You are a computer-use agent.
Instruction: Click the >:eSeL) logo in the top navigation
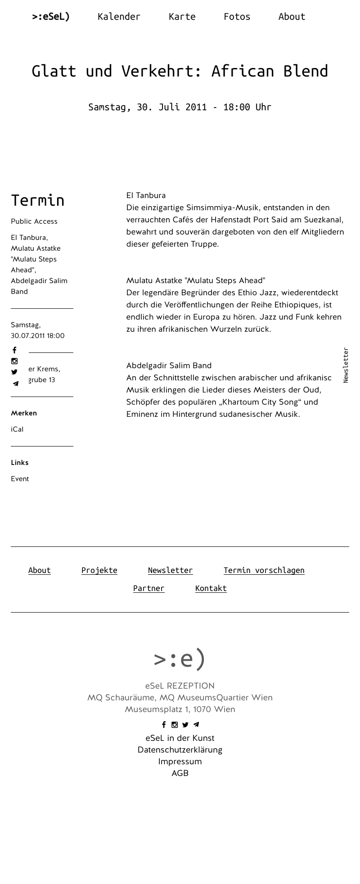click(51, 17)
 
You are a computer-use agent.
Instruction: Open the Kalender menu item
click(119, 17)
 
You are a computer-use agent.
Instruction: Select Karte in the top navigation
click(182, 17)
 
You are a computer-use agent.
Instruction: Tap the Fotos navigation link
click(237, 17)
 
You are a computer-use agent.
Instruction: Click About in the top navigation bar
click(292, 17)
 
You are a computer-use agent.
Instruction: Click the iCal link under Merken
click(17, 429)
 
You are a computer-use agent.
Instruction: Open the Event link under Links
click(20, 479)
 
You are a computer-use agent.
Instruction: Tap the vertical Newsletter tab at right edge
click(346, 365)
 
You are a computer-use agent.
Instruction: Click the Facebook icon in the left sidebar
click(14, 350)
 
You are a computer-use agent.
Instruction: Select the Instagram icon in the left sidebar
click(14, 361)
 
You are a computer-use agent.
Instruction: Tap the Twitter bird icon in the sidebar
click(14, 372)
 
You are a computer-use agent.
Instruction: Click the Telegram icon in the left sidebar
click(15, 383)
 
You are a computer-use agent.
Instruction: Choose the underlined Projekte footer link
click(99, 570)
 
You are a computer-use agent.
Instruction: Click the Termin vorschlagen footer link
click(264, 570)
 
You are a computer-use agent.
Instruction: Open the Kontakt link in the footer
click(211, 588)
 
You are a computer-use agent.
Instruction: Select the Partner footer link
click(148, 588)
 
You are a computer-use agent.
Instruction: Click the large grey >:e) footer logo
click(180, 659)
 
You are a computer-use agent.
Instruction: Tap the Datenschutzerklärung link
click(180, 750)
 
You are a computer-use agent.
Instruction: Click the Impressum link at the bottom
click(180, 762)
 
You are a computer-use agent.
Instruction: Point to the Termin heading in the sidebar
click(38, 200)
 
